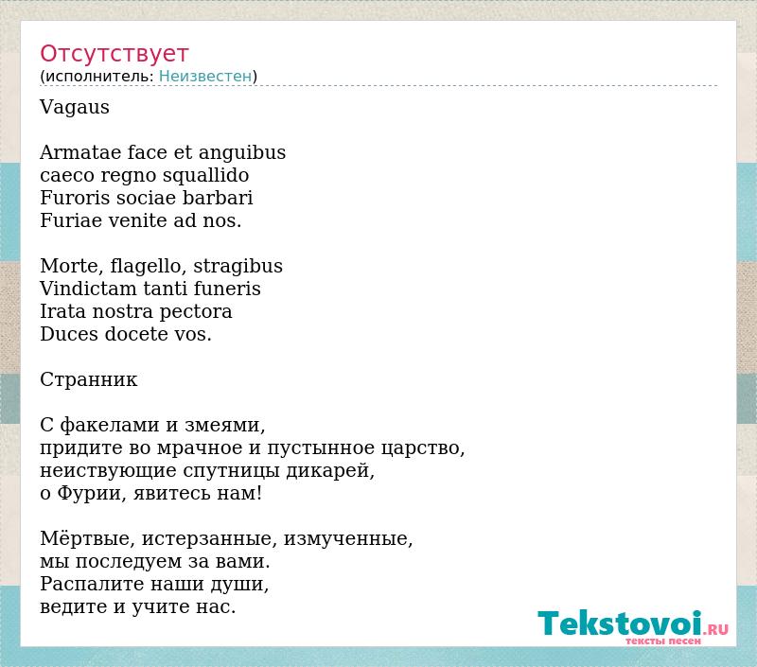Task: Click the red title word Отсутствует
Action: point(114,53)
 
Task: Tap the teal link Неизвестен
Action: point(205,76)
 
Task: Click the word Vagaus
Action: point(75,107)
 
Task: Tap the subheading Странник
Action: point(88,379)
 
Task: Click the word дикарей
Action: point(330,470)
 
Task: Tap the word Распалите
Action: point(92,584)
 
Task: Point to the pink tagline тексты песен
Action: point(663,641)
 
